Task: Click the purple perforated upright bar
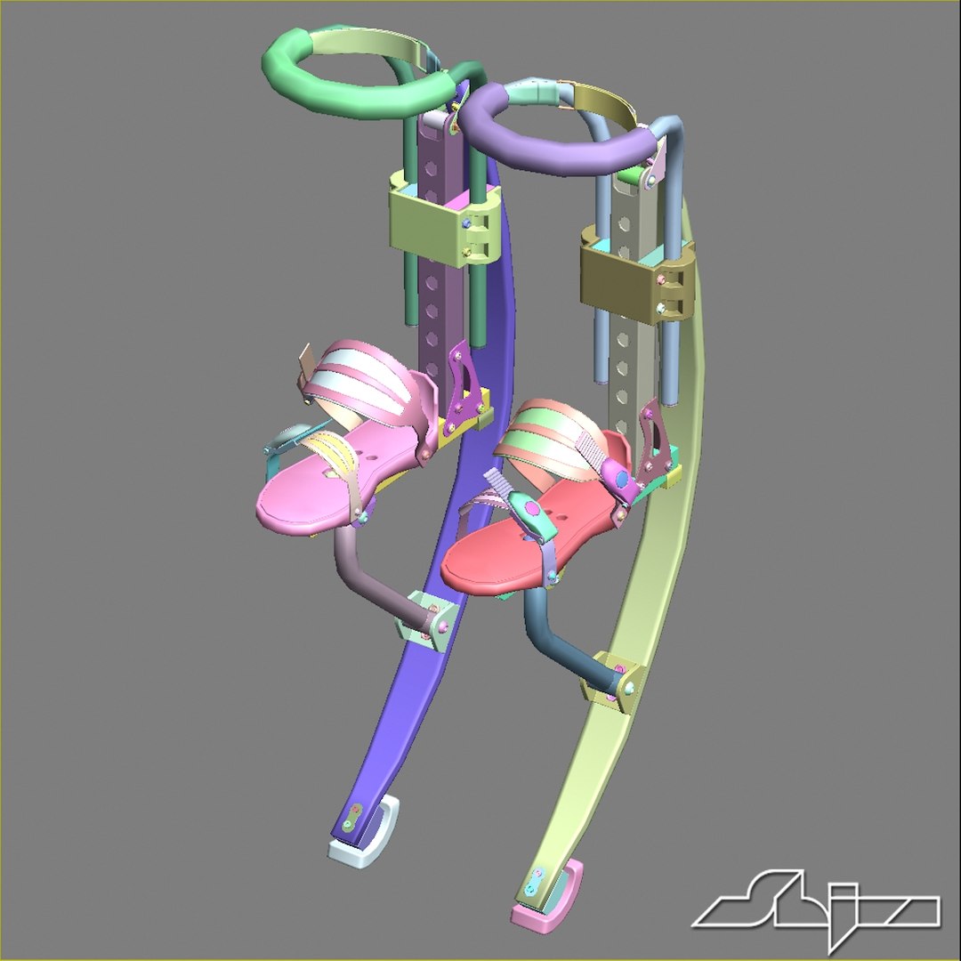tap(440, 267)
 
